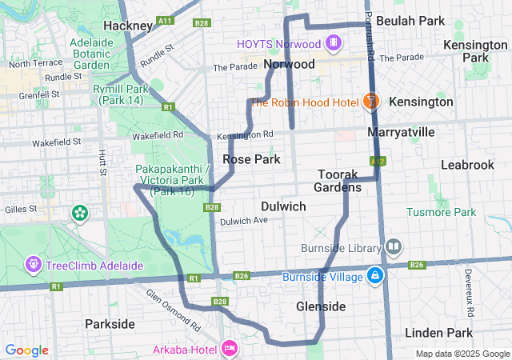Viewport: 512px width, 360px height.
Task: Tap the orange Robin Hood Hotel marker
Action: pos(370,102)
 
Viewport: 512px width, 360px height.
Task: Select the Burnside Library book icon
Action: pos(393,246)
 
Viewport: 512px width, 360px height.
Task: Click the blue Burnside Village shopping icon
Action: pos(374,277)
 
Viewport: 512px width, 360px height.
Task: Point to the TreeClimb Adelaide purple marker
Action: pos(34,263)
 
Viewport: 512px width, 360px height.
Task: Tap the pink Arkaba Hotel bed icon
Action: pos(230,348)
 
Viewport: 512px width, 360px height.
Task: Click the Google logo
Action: pos(27,350)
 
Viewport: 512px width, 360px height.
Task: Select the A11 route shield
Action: pos(166,21)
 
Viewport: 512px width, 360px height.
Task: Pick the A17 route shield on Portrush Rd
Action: pos(378,162)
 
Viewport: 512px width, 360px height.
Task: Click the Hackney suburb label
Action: pos(128,26)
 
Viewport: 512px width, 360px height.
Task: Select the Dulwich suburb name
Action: pos(283,206)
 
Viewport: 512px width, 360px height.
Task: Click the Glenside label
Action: pos(321,306)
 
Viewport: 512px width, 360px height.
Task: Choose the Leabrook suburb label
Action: pos(467,164)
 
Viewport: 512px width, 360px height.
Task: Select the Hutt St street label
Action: pos(102,162)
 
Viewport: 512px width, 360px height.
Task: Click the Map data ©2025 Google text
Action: pos(462,353)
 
